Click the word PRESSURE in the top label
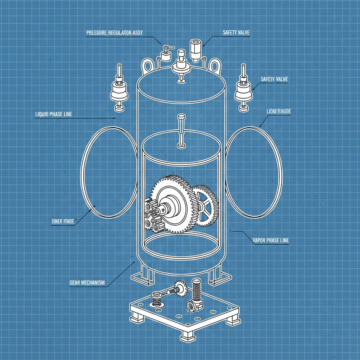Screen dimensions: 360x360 tap(97, 33)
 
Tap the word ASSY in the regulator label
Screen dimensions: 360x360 tap(137, 33)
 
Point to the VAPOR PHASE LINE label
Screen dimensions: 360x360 tap(271, 240)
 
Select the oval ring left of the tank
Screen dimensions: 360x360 tap(109, 172)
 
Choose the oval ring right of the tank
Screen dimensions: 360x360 tap(253, 172)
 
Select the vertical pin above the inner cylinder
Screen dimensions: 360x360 tap(181, 130)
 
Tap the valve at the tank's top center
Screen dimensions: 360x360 tap(181, 65)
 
